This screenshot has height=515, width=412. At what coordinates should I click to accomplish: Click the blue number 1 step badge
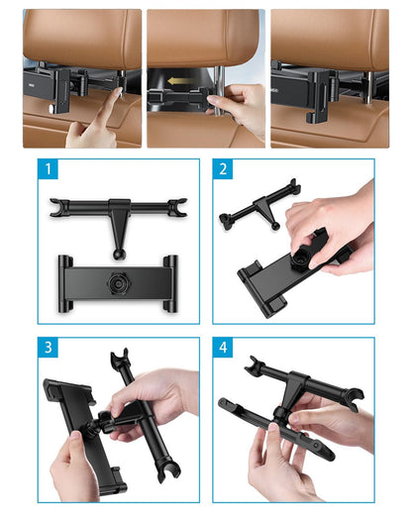pos(49,169)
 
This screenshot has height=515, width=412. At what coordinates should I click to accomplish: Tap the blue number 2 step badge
pos(223,169)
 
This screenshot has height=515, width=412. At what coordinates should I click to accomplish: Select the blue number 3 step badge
pos(49,348)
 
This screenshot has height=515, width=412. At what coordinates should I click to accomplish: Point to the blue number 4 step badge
pos(223,348)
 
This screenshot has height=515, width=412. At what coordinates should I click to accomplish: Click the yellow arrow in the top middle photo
pos(180,81)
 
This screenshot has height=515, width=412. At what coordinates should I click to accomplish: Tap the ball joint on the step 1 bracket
pos(118,254)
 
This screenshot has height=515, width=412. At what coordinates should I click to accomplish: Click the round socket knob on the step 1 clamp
pos(118,283)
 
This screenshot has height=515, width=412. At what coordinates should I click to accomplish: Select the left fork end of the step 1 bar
pos(58,208)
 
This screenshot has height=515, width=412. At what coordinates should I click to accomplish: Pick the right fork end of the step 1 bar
pos(177,208)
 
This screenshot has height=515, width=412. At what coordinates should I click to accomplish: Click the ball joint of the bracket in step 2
pos(275,226)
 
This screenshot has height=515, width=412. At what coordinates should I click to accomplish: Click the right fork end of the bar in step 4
pos(354,398)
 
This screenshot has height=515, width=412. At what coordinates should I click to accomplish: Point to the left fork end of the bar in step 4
pos(255,364)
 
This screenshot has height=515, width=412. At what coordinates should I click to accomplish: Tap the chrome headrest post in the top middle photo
pos(219,91)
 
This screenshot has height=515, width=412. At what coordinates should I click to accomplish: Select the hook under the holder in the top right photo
pos(311,117)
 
